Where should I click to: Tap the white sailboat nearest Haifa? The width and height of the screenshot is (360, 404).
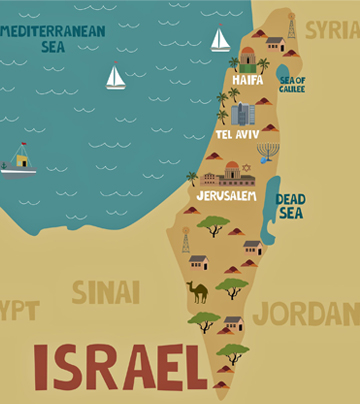(x=220, y=39)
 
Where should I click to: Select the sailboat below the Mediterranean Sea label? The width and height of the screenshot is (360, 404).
(x=116, y=76)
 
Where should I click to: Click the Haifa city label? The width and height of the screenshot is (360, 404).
(x=248, y=78)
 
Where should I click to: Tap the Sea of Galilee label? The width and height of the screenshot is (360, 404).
(x=292, y=84)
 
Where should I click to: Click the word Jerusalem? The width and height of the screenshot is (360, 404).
(x=225, y=196)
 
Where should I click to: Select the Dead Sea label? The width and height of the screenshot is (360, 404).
(x=290, y=205)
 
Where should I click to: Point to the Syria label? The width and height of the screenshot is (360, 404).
(x=332, y=30)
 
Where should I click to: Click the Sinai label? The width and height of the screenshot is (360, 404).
(x=105, y=292)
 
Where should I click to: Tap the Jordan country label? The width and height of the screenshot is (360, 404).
(x=305, y=313)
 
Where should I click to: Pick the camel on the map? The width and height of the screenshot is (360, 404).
(x=198, y=291)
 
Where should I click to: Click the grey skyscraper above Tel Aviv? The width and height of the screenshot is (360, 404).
(x=242, y=114)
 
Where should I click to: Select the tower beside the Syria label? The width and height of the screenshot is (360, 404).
(x=292, y=26)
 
